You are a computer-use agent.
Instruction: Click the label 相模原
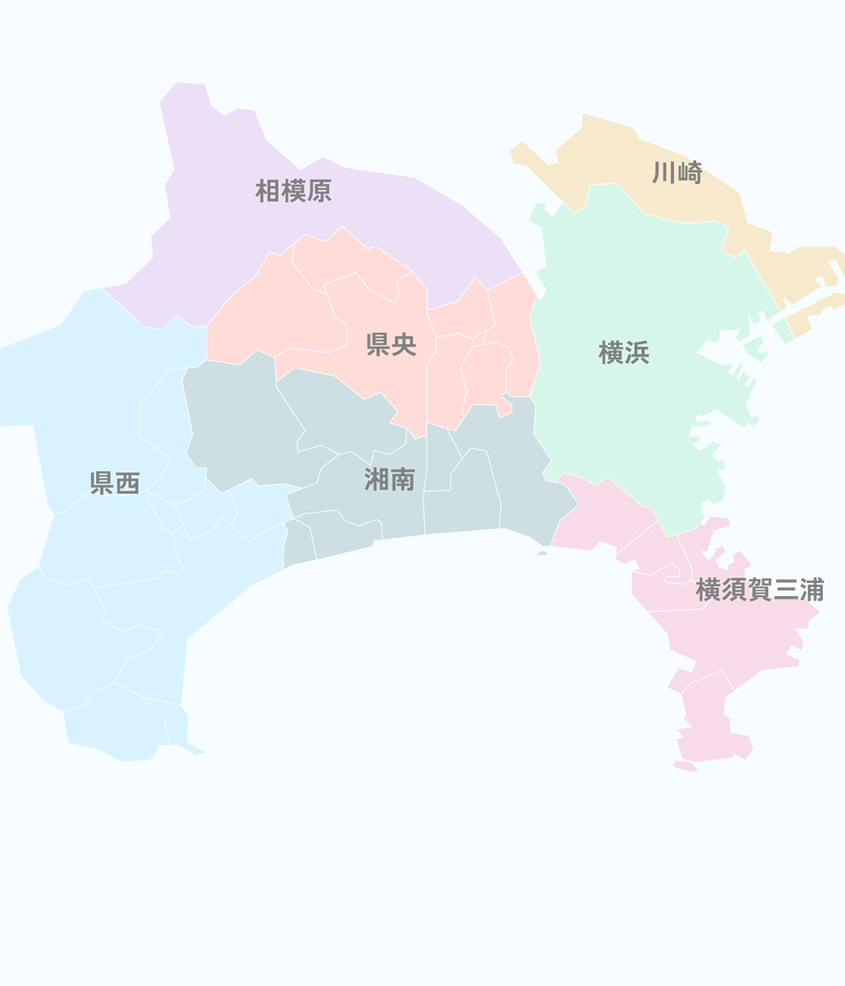[293, 191]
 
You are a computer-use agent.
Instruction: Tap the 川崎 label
[677, 173]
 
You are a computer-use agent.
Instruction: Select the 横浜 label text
[624, 353]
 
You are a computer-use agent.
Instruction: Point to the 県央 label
[391, 344]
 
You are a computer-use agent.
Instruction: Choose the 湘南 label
[389, 479]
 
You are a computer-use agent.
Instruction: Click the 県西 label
[115, 482]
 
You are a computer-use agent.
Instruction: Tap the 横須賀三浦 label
[759, 590]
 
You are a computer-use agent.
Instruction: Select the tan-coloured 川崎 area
[616, 158]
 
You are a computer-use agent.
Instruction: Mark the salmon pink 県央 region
[264, 317]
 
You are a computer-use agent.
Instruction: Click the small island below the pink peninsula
[686, 767]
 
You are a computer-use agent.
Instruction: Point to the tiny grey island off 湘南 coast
[542, 553]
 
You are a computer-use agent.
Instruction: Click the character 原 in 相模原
[319, 191]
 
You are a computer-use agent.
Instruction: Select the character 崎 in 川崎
[689, 173]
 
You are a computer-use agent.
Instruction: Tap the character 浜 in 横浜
[636, 353]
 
